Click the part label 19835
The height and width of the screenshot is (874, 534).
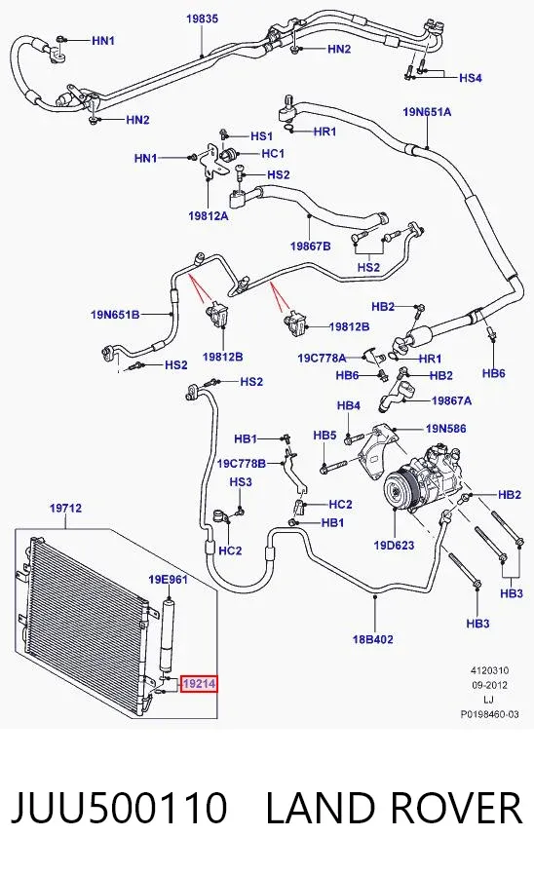(x=202, y=19)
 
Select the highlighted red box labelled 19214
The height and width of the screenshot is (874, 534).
(x=199, y=683)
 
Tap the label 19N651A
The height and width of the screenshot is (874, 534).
(x=427, y=112)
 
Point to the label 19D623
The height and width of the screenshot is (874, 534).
(x=394, y=545)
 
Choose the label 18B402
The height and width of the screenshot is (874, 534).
(x=372, y=639)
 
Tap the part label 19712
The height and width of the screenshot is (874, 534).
(x=65, y=508)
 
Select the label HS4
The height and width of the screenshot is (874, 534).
(x=470, y=78)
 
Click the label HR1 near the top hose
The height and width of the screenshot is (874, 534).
(x=324, y=132)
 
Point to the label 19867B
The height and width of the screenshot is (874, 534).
(x=310, y=246)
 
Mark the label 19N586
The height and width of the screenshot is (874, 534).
(x=445, y=429)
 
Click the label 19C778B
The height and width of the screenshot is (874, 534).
(x=242, y=463)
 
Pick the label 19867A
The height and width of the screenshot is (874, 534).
(x=451, y=400)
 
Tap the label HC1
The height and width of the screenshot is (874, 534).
(x=273, y=153)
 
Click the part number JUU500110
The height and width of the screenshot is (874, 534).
(x=119, y=807)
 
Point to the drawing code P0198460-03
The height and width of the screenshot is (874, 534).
(x=489, y=714)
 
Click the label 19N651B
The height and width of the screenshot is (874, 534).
(x=115, y=315)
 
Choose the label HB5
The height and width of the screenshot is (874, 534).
(x=324, y=436)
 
